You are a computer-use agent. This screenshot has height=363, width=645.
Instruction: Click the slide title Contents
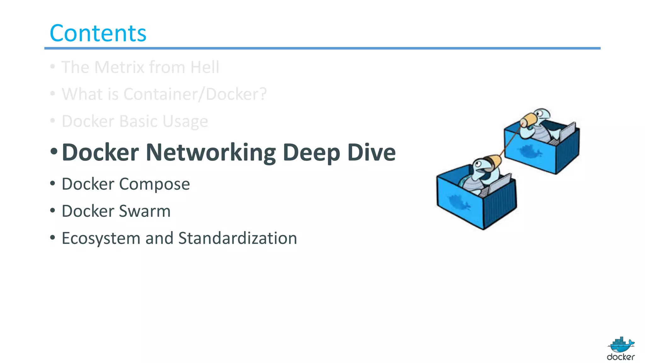pyautogui.click(x=98, y=33)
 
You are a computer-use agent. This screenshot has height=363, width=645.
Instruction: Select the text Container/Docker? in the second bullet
pyautogui.click(x=195, y=94)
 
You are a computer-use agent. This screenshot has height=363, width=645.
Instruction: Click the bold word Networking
pyautogui.click(x=211, y=153)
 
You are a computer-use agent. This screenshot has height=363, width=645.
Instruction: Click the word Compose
pyautogui.click(x=154, y=184)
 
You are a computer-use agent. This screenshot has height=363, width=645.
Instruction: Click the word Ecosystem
pyautogui.click(x=101, y=239)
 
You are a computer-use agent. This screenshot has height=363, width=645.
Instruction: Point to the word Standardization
pyautogui.click(x=237, y=238)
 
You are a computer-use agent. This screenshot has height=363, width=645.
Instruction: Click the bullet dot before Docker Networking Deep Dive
pyautogui.click(x=54, y=151)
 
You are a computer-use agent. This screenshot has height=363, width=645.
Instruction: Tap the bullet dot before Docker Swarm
pyautogui.click(x=53, y=210)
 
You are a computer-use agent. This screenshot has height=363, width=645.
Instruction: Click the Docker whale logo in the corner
pyautogui.click(x=621, y=349)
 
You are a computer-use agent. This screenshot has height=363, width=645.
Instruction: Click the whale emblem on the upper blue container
pyautogui.click(x=530, y=152)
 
